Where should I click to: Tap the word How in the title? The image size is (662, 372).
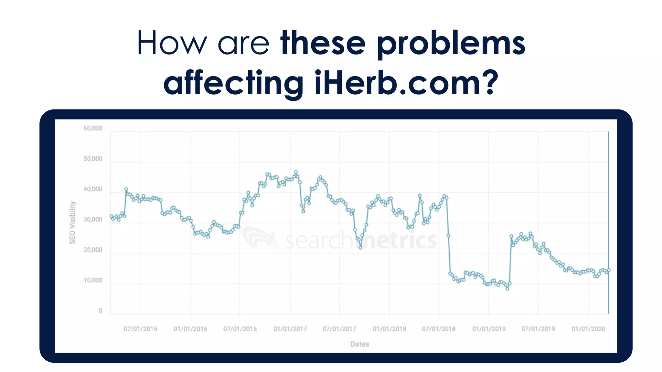172,43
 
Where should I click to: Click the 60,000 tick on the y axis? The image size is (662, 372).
93,129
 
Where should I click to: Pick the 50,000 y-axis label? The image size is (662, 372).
93,159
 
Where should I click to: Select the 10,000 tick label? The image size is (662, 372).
93,280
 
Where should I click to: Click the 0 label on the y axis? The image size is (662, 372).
100,311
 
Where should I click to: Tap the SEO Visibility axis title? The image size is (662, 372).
72,222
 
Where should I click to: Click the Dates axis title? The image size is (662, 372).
359,344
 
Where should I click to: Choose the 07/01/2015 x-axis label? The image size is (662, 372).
140,329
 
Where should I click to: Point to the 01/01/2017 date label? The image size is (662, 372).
290,329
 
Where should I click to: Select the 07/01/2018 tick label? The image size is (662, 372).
439,329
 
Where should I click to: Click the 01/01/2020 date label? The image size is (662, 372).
588,329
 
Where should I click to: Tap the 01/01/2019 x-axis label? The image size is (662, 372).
489,329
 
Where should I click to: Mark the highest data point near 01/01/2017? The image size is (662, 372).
296,172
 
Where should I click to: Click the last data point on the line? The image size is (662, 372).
609,270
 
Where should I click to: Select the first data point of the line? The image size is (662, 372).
111,216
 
